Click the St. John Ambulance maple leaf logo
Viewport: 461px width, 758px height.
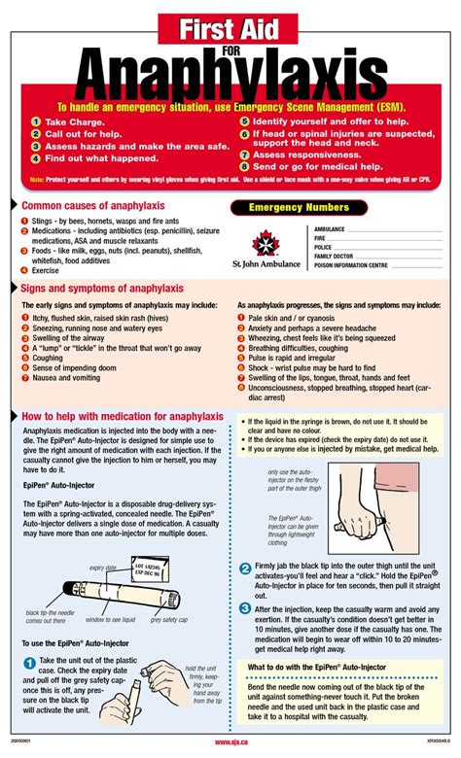[264, 242]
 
